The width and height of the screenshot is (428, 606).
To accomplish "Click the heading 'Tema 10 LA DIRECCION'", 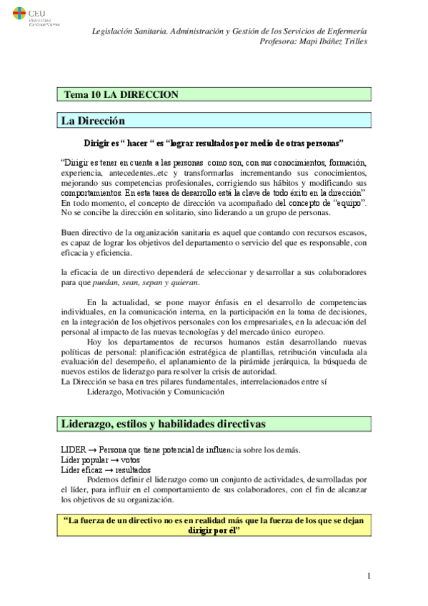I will [121, 94].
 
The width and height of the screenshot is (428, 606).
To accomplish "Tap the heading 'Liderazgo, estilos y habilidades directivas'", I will [164, 424].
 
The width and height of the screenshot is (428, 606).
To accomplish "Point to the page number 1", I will [368, 576].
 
